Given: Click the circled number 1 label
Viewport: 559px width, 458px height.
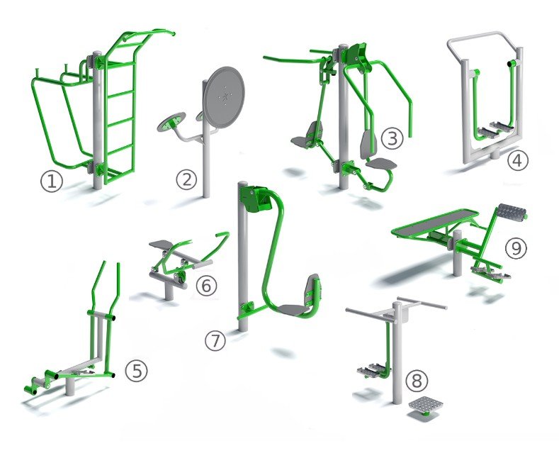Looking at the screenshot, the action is [51, 181].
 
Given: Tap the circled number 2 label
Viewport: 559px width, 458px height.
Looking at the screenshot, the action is [186, 179].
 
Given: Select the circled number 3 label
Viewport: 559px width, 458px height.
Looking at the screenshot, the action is [393, 138].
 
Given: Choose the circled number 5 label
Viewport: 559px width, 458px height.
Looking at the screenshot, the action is [136, 370].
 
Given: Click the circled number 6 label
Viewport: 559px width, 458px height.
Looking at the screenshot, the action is [206, 285].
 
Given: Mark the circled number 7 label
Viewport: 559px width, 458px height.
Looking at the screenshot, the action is [215, 340].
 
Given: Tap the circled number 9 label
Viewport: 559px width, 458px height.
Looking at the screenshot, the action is [516, 248].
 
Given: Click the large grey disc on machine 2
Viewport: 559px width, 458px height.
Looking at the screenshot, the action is [224, 97].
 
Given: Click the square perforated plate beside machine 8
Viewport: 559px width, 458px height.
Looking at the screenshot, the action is [426, 406].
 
